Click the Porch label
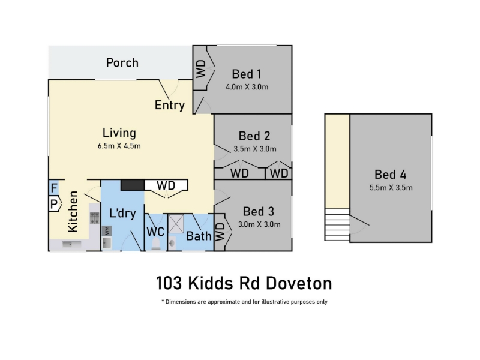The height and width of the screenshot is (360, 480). point(122,63)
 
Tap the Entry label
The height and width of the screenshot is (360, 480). point(170,106)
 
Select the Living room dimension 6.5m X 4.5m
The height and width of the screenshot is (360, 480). point(119,146)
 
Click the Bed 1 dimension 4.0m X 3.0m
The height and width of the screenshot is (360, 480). point(247,87)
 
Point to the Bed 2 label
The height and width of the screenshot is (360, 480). point(254,136)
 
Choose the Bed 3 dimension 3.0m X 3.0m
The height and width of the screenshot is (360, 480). point(259,224)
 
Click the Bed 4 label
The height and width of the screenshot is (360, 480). point(391,175)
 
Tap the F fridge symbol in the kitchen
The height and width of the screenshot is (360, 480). point(54,188)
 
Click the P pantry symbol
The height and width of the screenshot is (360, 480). point(55,204)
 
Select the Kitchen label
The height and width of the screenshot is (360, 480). point(73,212)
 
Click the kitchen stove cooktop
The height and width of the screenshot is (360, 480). point(94,218)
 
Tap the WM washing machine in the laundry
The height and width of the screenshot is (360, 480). point(107,230)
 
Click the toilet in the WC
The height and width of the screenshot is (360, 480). point(156,244)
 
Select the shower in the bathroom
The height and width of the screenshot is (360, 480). point(176,224)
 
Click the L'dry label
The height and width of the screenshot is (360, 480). point(122,213)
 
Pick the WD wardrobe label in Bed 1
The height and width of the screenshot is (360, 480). point(201,68)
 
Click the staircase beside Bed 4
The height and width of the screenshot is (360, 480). point(337,224)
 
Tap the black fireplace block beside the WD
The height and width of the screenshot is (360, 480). point(133,185)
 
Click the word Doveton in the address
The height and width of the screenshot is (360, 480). point(299,283)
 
